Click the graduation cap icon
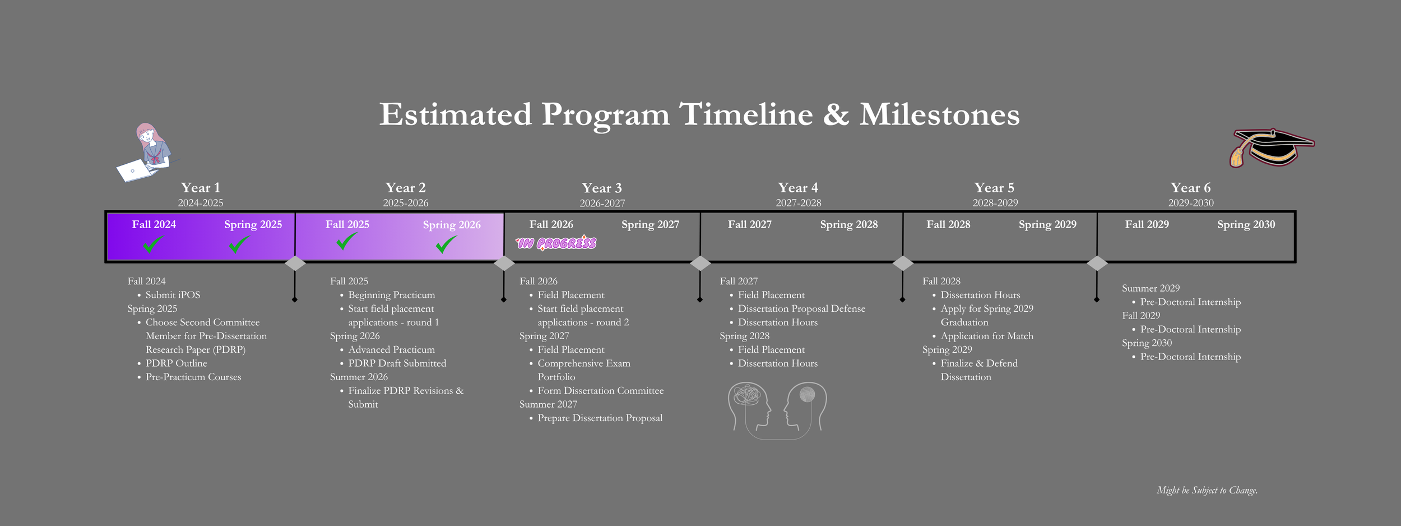[x=1271, y=148]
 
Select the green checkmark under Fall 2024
[x=152, y=244]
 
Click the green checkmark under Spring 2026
[x=446, y=244]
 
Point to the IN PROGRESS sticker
[x=556, y=243]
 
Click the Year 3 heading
[x=601, y=188]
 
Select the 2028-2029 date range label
[x=995, y=203]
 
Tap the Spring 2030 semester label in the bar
[x=1246, y=224]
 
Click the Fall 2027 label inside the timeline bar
[x=749, y=224]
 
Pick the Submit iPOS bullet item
[x=173, y=295]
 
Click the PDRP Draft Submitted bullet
[x=397, y=363]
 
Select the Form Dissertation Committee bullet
[x=600, y=391]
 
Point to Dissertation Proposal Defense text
[x=801, y=309]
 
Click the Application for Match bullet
[x=986, y=336]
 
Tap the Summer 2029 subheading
[x=1151, y=288]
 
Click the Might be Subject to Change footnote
[x=1207, y=490]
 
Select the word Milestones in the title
[x=939, y=114]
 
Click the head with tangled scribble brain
[x=749, y=406]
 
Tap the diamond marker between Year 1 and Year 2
[x=295, y=263]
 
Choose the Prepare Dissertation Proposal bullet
[x=600, y=418]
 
